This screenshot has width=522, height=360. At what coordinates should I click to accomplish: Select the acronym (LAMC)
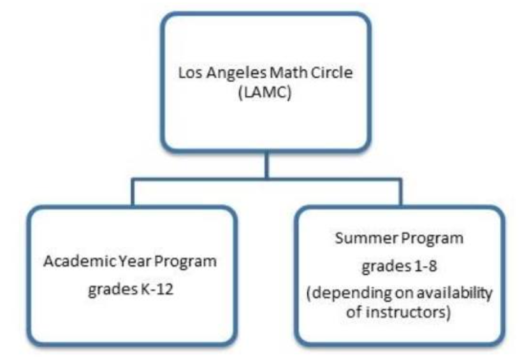click(x=265, y=92)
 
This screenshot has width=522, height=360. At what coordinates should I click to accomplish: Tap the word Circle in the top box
click(x=331, y=73)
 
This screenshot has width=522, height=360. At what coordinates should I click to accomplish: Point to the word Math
click(x=288, y=73)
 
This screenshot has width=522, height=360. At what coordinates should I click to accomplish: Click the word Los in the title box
click(x=191, y=73)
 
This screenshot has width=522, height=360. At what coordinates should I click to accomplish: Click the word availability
click(x=454, y=293)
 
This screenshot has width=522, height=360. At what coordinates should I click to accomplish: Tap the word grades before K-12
click(x=113, y=290)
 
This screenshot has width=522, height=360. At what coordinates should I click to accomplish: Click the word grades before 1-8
click(x=386, y=267)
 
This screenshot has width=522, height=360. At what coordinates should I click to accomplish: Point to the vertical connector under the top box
click(x=266, y=166)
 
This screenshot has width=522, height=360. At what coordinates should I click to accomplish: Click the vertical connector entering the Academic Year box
click(x=133, y=193)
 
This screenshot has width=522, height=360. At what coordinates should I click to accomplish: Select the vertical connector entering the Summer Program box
click(x=400, y=193)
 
